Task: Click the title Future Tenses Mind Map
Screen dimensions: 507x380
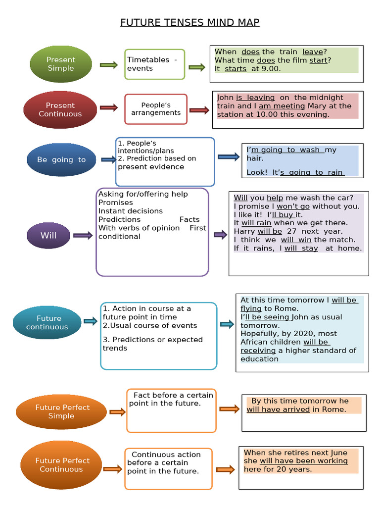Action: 190,22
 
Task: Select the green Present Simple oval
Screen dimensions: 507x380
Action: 61,64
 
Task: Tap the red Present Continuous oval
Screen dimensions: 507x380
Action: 60,109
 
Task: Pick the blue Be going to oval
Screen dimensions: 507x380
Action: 61,159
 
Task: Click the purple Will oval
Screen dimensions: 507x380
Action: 48,235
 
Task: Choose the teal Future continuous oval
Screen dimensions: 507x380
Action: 47,322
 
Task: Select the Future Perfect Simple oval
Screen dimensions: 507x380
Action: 62,411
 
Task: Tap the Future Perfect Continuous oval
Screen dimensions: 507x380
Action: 61,464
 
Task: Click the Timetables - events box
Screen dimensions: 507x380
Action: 154,64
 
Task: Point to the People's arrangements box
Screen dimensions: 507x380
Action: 156,109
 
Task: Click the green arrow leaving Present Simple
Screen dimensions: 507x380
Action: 108,65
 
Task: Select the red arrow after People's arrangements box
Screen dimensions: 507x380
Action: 199,110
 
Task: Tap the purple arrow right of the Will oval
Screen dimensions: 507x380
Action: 83,235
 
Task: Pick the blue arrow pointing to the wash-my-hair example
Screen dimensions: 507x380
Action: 229,157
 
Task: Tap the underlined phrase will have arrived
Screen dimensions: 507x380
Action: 278,409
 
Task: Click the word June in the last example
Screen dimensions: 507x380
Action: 338,453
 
